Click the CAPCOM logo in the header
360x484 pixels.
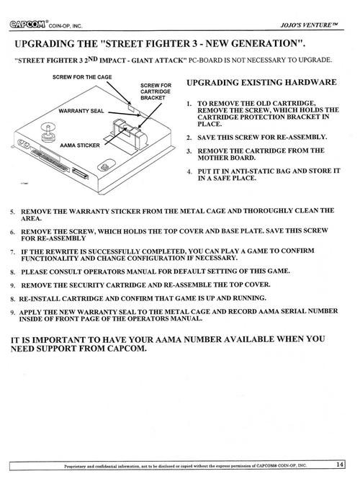pyautogui.click(x=27, y=24)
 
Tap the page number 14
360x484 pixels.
pyautogui.click(x=340, y=465)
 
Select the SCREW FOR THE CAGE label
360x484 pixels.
pyautogui.click(x=82, y=77)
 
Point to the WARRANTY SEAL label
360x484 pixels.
pyautogui.click(x=81, y=111)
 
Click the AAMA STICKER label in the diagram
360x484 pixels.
pyautogui.click(x=80, y=145)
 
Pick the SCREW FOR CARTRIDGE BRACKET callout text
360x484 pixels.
pyautogui.click(x=156, y=91)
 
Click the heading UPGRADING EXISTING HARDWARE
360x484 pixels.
pyautogui.click(x=261, y=82)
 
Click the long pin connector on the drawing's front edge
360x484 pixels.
pyautogui.click(x=50, y=161)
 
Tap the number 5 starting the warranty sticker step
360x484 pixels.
pyautogui.click(x=12, y=212)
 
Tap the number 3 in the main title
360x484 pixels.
pyautogui.click(x=194, y=43)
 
